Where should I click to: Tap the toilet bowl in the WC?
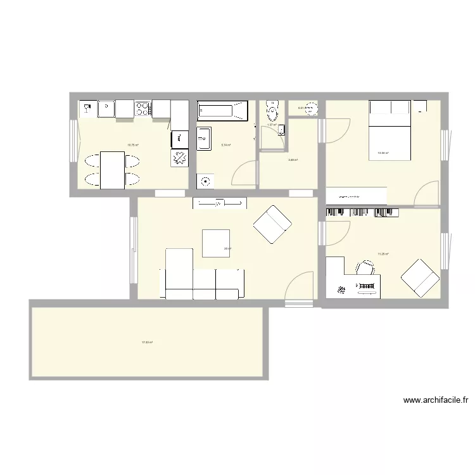(x=272, y=112)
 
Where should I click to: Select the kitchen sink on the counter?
(x=105, y=109)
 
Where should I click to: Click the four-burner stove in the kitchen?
(x=143, y=109)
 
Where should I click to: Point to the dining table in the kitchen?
(x=112, y=170)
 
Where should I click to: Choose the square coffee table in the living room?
(x=216, y=243)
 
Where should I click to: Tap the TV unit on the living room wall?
(x=220, y=203)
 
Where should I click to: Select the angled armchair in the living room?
(x=272, y=224)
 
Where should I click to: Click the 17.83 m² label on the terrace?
(x=147, y=343)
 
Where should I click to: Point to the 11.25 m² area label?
(x=383, y=254)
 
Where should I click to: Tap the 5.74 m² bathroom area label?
(x=225, y=145)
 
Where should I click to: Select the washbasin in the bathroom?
(x=204, y=139)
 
